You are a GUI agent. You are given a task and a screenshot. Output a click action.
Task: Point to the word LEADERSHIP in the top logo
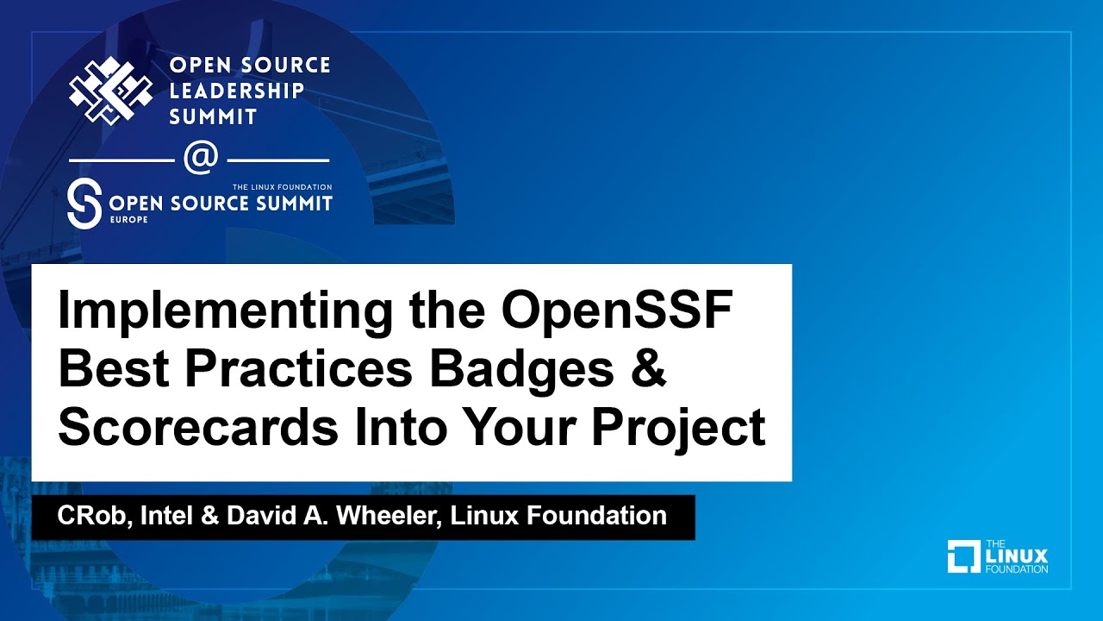coord(237,91)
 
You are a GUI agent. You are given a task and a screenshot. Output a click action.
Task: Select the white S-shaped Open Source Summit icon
coord(84,204)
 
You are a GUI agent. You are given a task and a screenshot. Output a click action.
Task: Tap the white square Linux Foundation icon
coord(964,556)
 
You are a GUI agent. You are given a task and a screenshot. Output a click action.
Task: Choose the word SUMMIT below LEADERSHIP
coord(213,116)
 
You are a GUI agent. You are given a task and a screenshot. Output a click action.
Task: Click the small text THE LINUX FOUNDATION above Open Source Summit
coord(282,186)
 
